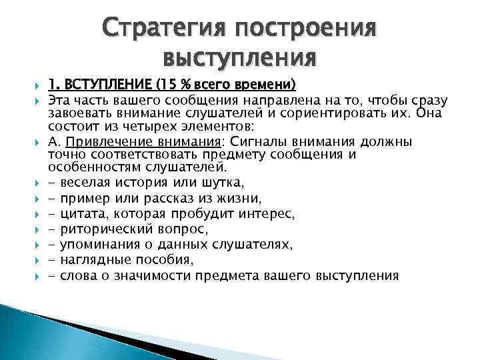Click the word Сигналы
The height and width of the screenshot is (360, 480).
[200, 141]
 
